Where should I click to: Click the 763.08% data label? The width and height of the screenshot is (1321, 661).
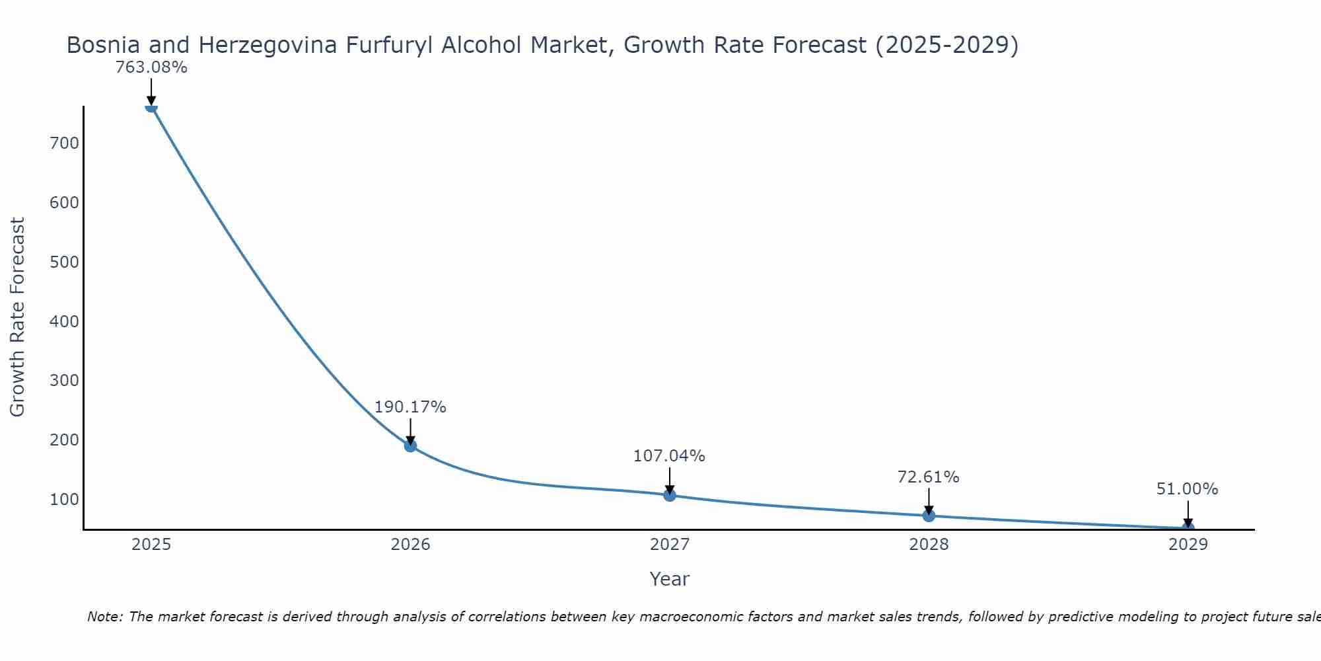pos(151,67)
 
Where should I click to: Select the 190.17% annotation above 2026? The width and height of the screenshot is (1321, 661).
pos(410,407)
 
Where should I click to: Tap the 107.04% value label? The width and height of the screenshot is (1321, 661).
pos(669,456)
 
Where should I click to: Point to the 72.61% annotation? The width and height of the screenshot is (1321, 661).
pos(928,477)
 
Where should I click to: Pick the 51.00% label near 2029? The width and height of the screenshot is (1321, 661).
pos(1187,490)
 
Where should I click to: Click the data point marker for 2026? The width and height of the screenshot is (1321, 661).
pos(410,446)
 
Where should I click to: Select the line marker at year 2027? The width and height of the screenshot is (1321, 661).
pos(670,495)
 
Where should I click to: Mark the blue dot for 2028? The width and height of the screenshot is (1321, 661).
pos(929,516)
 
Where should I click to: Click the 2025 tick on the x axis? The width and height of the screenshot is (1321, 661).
pos(151,545)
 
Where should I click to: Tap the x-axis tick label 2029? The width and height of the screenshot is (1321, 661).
pos(1188,545)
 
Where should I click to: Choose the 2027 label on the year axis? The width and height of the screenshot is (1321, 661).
pos(669,545)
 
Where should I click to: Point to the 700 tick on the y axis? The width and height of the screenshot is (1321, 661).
pos(64,143)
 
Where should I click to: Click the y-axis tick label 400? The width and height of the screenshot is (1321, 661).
pos(64,322)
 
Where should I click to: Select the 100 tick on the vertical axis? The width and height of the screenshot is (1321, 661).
pos(64,500)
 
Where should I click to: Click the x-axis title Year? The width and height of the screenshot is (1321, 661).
pos(669,579)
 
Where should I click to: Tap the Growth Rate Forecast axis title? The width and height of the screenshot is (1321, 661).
pos(18,317)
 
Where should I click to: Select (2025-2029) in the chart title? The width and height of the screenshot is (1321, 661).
pos(946,45)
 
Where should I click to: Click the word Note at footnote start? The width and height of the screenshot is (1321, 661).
pos(104,617)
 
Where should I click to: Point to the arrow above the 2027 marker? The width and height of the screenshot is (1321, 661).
pos(670,480)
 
